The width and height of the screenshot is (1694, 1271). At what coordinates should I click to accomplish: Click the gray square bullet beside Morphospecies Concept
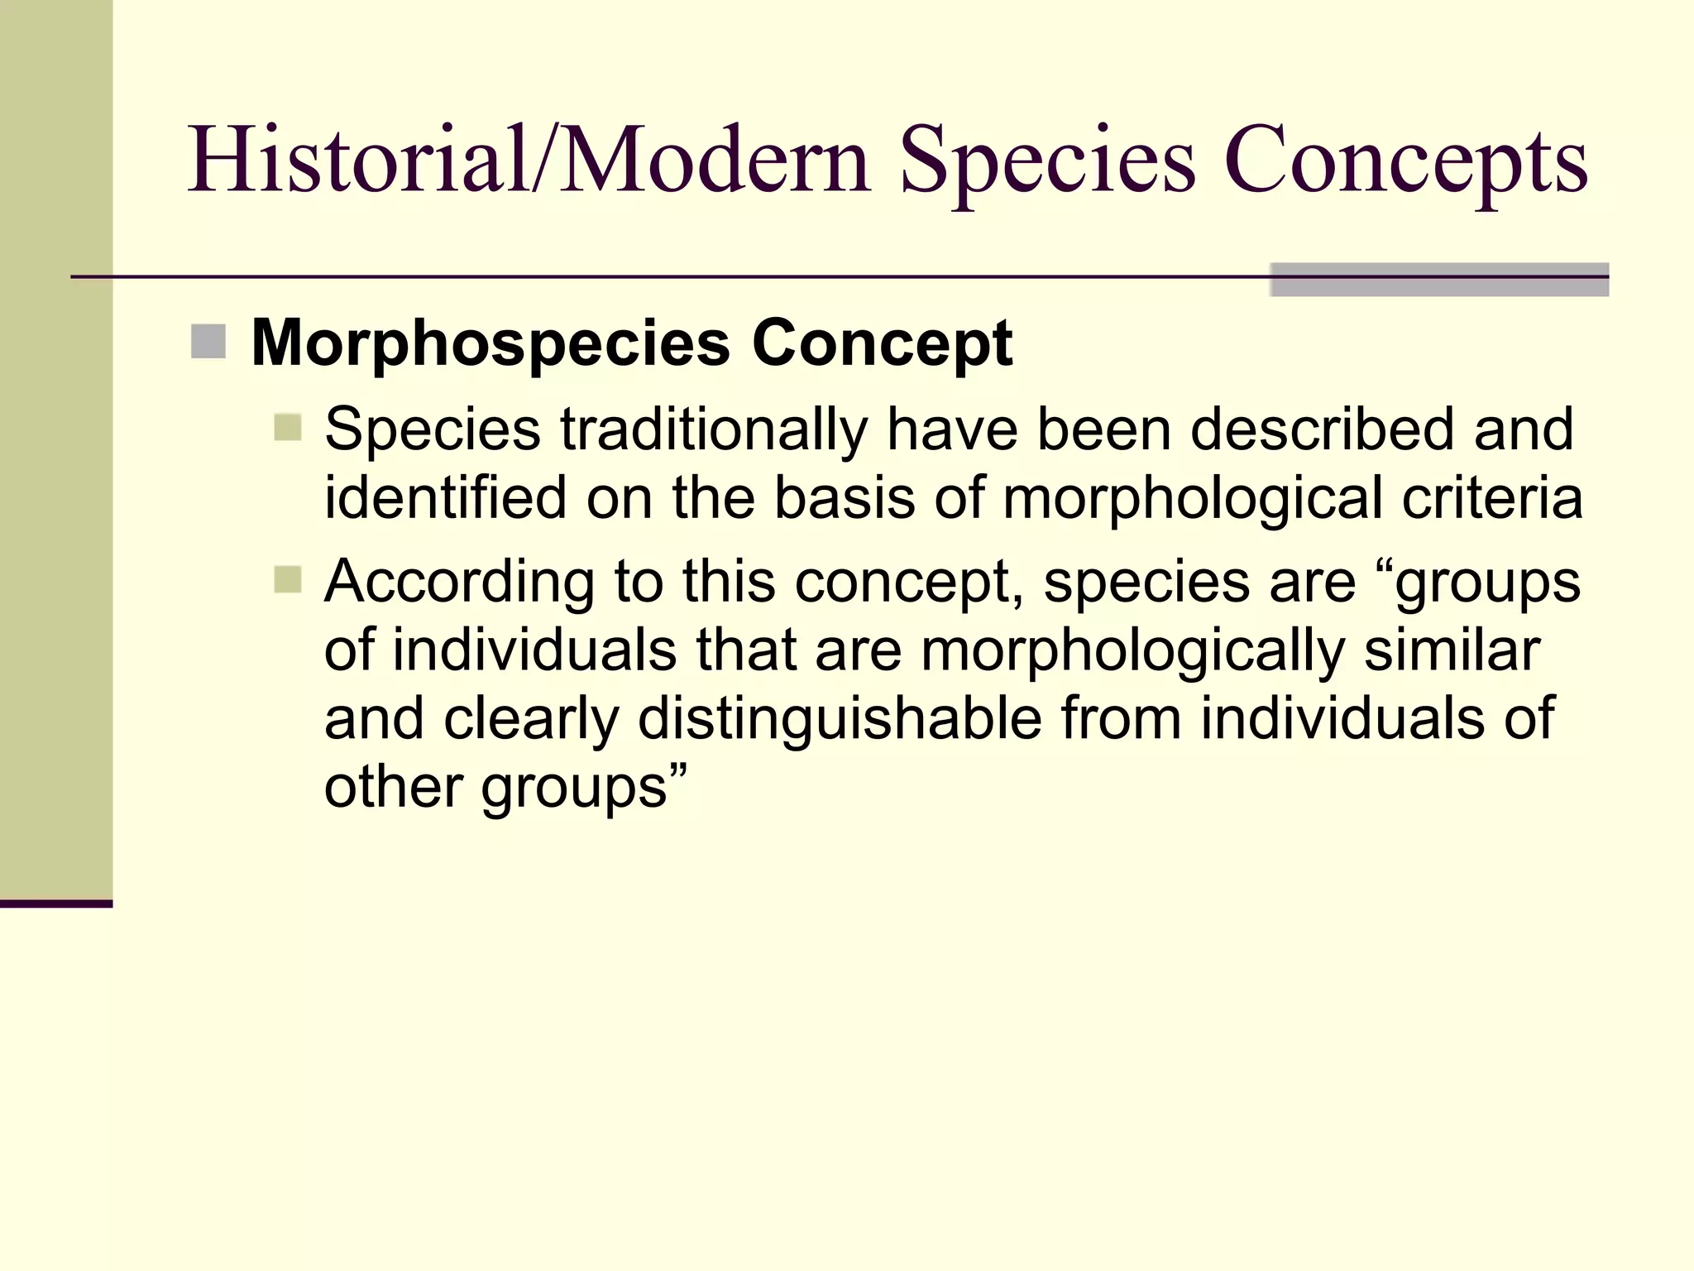pyautogui.click(x=208, y=342)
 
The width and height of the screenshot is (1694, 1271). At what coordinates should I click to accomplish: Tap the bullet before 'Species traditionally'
pyautogui.click(x=288, y=428)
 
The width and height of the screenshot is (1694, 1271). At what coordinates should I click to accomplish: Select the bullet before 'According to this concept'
pyautogui.click(x=288, y=579)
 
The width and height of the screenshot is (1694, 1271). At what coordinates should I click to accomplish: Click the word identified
pyautogui.click(x=445, y=498)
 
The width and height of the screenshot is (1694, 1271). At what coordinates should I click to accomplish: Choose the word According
pyautogui.click(x=459, y=583)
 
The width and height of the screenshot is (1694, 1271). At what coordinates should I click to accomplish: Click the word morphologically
pyautogui.click(x=1132, y=651)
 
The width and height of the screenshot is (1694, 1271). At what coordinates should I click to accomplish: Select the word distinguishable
pyautogui.click(x=840, y=720)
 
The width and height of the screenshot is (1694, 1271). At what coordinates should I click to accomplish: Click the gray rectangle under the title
pyautogui.click(x=1438, y=280)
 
